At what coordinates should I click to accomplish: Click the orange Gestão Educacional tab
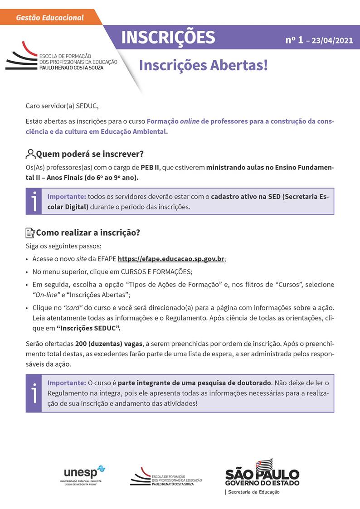[x=50, y=18]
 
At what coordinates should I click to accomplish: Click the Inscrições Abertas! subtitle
[x=203, y=65]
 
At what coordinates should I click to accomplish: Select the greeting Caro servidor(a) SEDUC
[x=62, y=106]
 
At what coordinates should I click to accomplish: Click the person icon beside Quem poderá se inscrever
[x=30, y=154]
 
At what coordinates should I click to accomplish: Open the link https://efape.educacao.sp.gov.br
[x=171, y=259]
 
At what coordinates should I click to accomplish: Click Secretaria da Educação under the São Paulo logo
[x=254, y=492]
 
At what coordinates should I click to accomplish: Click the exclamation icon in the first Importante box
[x=34, y=201]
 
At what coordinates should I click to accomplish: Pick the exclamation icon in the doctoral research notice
[x=34, y=393]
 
